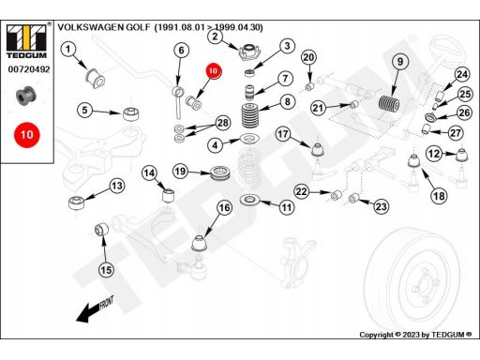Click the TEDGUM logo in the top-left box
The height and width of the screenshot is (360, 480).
point(26,41)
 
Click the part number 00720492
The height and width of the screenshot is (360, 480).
point(29,69)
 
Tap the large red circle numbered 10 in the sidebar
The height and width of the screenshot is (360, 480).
point(27,135)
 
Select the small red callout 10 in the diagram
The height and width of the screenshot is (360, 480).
point(213,71)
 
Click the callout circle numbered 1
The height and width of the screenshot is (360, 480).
point(68,50)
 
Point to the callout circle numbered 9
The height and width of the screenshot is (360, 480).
point(400,62)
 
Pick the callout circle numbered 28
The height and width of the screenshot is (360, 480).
point(223,123)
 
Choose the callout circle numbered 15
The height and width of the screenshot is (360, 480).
point(106,270)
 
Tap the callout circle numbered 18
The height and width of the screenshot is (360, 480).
point(439,196)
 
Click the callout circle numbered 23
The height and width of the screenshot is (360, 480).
point(381,206)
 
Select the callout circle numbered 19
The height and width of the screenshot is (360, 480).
point(180,172)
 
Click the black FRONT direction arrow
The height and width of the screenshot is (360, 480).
point(88,311)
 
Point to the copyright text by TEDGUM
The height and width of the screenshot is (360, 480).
point(415,335)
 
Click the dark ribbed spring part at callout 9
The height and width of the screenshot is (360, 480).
point(389,103)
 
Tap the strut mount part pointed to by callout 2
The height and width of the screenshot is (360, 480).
point(249,52)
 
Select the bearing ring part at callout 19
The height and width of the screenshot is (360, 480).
point(220,173)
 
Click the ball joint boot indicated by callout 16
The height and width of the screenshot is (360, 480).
point(200,243)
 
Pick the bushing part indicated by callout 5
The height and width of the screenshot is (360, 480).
point(131,113)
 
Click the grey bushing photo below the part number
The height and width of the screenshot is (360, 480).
point(26,96)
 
